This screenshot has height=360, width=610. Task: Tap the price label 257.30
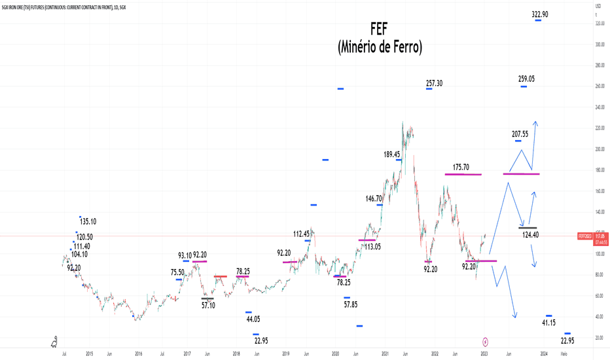(x=435, y=83)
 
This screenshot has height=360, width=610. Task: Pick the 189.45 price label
(x=393, y=154)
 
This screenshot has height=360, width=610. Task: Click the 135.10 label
(x=87, y=221)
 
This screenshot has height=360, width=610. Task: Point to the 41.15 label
(x=549, y=323)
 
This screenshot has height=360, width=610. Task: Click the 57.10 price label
(x=208, y=305)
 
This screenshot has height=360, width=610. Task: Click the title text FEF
(x=380, y=29)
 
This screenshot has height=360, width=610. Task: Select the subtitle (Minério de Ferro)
(x=380, y=47)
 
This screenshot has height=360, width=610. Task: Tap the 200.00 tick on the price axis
(x=599, y=149)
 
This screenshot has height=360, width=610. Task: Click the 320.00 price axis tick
(x=599, y=24)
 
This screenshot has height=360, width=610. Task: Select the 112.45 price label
(x=302, y=234)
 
